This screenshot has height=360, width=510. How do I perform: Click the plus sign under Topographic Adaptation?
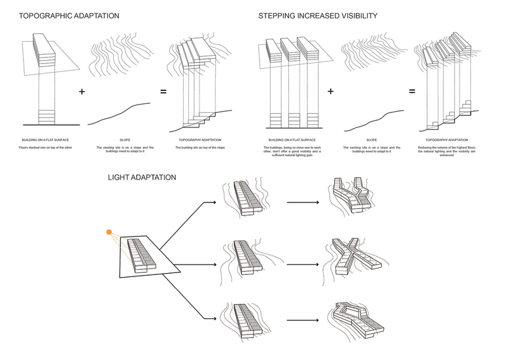point(82,92)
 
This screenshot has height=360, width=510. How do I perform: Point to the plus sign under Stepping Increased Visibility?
point(330,92)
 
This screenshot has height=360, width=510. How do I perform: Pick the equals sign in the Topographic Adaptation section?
point(163,92)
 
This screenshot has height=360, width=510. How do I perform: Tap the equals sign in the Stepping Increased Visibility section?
point(412,92)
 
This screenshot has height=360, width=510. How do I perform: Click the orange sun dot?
point(109,233)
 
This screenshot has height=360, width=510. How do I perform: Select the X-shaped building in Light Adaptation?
point(353,255)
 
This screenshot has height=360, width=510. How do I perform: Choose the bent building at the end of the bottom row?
point(356,320)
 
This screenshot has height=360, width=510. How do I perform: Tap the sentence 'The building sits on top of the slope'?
point(199,148)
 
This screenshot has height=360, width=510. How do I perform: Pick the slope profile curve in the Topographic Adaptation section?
point(124,112)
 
